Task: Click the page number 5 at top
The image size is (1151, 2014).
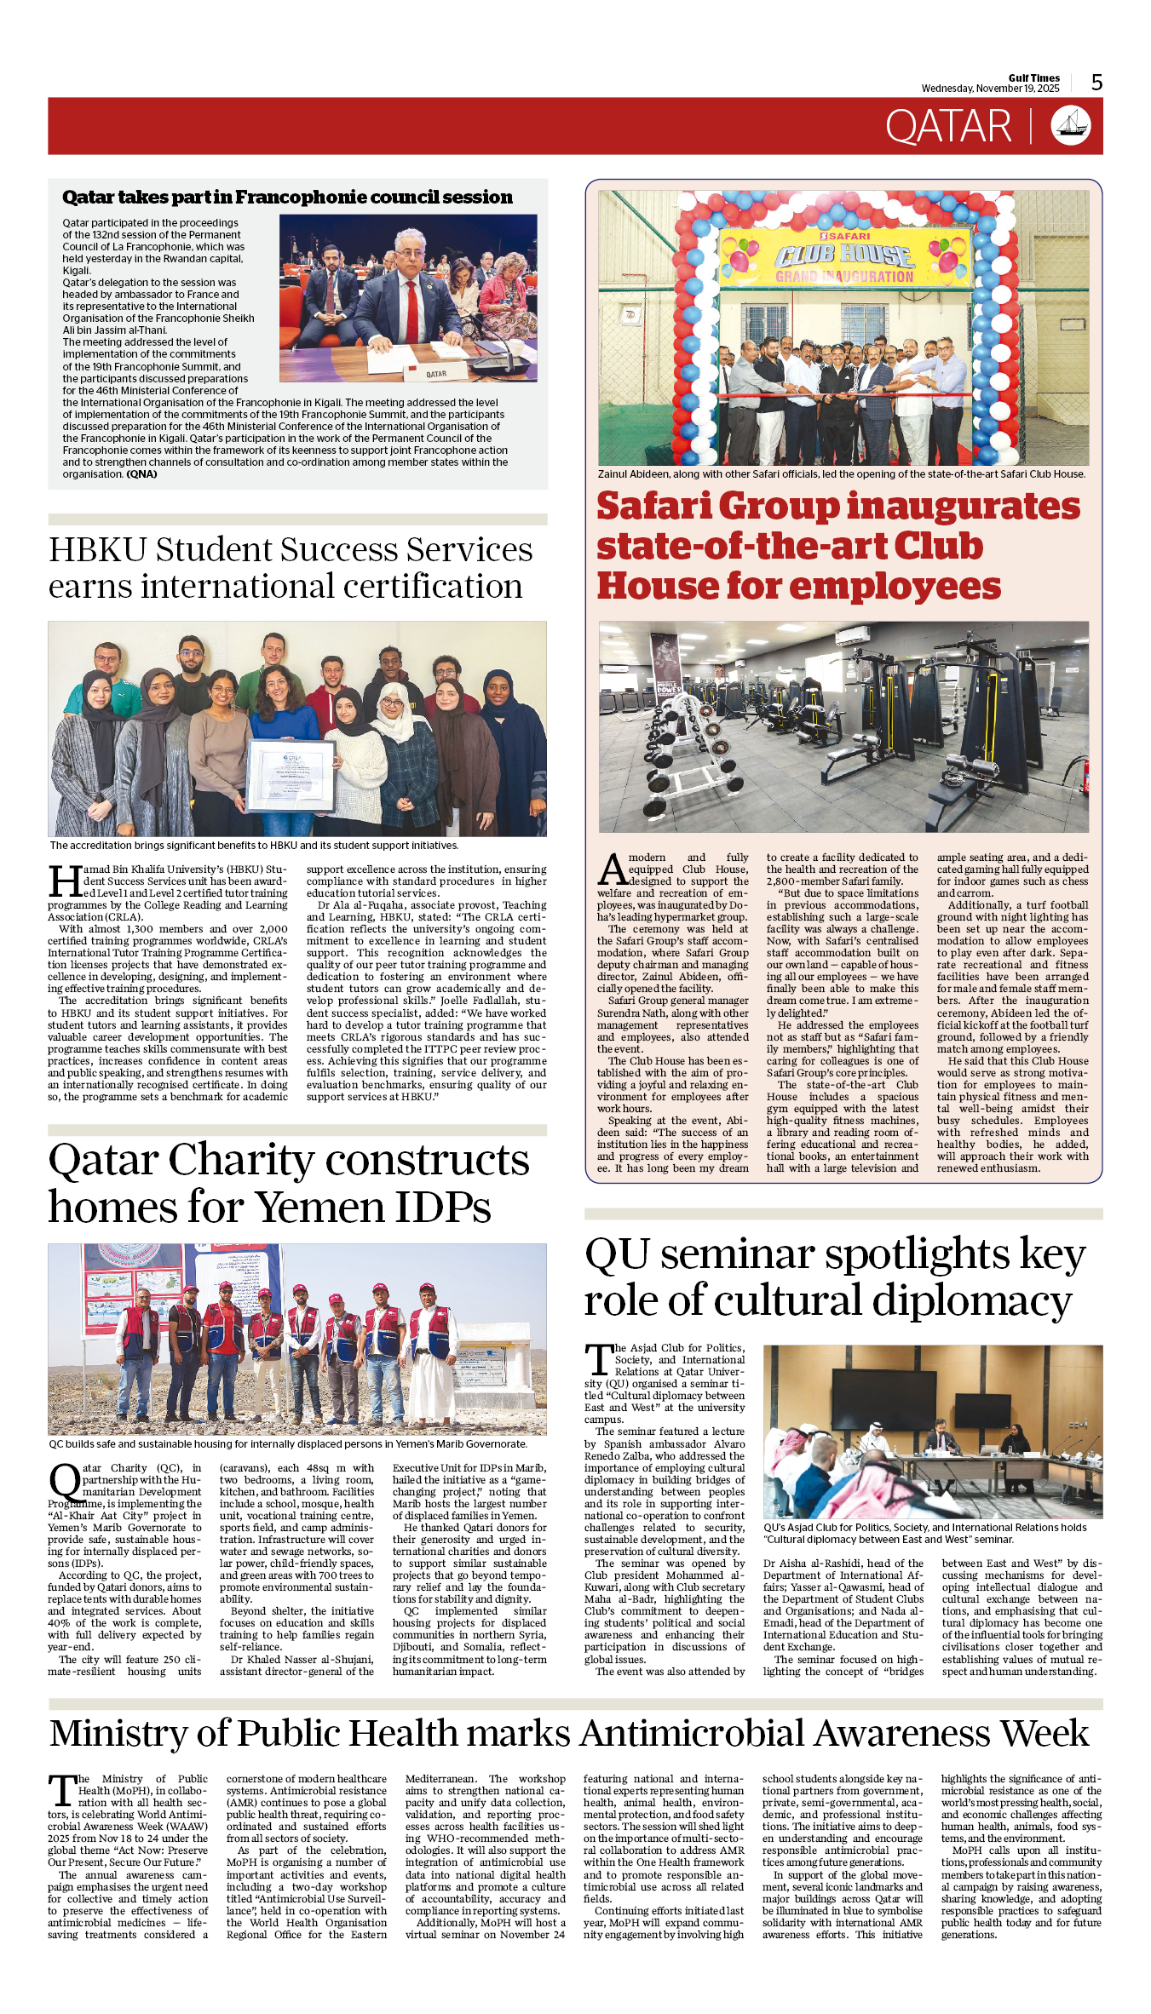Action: (x=1096, y=83)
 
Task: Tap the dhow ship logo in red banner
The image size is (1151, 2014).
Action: (x=1071, y=126)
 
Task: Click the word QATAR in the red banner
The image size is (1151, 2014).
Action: (x=947, y=127)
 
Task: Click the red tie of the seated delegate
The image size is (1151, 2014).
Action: (x=412, y=310)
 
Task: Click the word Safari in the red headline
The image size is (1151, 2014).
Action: (x=655, y=506)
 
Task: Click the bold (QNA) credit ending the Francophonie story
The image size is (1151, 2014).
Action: (x=141, y=474)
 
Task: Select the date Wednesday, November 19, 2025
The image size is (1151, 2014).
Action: (x=990, y=89)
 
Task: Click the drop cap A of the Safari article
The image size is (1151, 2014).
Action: (x=612, y=869)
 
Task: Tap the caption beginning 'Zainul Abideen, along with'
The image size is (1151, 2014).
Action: (x=841, y=474)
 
